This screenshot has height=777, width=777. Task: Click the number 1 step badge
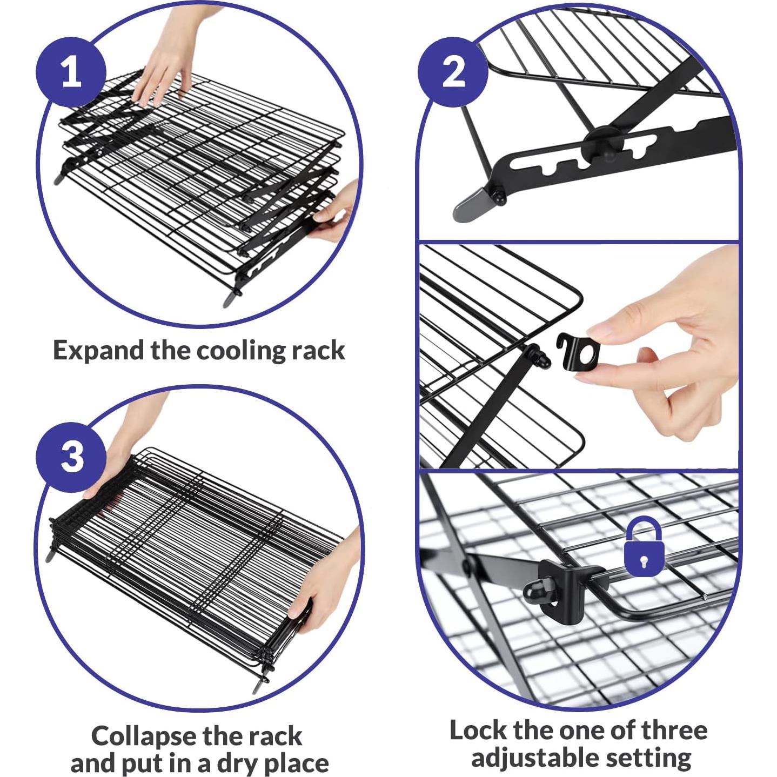coord(71,72)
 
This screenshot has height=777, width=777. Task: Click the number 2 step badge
coord(453,72)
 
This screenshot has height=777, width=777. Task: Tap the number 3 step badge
coord(71,457)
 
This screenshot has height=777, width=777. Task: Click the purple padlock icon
coord(644,546)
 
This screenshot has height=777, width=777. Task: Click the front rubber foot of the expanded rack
coord(232,298)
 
